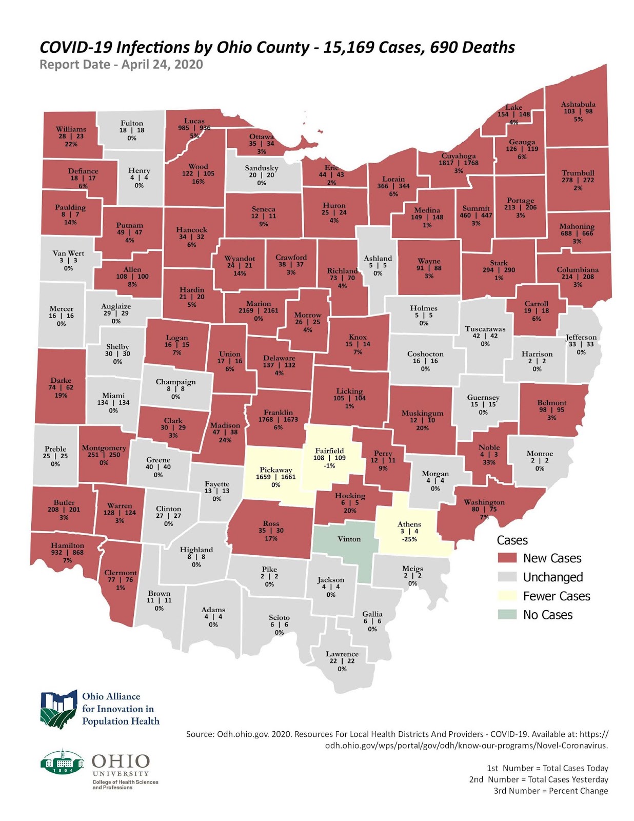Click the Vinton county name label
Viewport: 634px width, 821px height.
pyautogui.click(x=349, y=539)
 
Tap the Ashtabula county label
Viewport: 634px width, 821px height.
pyautogui.click(x=578, y=104)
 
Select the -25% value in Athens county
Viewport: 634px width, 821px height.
pyautogui.click(x=409, y=539)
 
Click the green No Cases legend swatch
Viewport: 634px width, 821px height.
pyautogui.click(x=507, y=615)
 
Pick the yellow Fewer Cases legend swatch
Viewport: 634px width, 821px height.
pyautogui.click(x=507, y=596)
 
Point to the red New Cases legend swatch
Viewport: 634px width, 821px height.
pyautogui.click(x=507, y=558)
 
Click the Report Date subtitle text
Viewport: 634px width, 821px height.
pyautogui.click(x=121, y=65)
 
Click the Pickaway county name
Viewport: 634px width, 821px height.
pyautogui.click(x=275, y=470)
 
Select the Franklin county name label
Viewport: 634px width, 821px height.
pyautogui.click(x=278, y=412)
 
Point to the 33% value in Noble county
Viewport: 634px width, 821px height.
pyautogui.click(x=489, y=462)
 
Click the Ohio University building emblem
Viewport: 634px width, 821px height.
pyautogui.click(x=62, y=761)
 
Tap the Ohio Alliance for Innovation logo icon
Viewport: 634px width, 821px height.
pyautogui.click(x=59, y=709)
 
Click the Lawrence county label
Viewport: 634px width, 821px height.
pyautogui.click(x=342, y=654)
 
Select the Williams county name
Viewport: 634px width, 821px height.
pyautogui.click(x=71, y=129)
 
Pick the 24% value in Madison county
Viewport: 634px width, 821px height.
pyautogui.click(x=225, y=440)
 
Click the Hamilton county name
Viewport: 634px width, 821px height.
pyautogui.click(x=67, y=545)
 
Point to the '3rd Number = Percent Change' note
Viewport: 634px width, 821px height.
pyautogui.click(x=550, y=791)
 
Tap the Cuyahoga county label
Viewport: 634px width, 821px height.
pyautogui.click(x=459, y=155)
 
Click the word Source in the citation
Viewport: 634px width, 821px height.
pyautogui.click(x=200, y=734)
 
